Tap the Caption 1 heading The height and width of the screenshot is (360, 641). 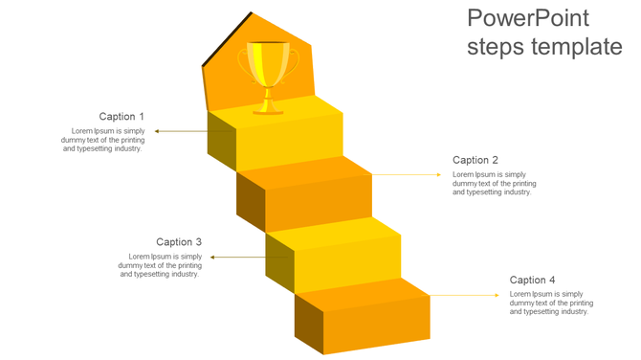coord(122,117)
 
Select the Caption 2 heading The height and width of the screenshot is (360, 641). coord(475,160)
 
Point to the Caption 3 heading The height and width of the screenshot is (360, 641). coord(179,242)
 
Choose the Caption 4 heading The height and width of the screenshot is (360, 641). coord(532,280)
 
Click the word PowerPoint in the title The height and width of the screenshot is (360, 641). coord(527,18)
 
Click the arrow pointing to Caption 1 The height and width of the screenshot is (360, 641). coord(181,131)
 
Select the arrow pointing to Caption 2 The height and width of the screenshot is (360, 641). coord(408,174)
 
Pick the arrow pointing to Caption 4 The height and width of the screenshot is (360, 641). coord(465,296)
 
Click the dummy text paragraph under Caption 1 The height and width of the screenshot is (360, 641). coord(102,140)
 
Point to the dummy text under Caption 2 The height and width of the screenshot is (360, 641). coord(494,183)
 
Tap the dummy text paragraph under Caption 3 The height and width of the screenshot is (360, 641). coord(160,265)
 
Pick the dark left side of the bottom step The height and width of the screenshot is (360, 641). coord(308,324)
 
